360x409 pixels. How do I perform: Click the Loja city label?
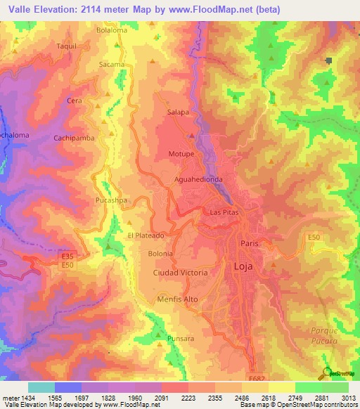point(245,266)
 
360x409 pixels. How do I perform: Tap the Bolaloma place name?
point(112,31)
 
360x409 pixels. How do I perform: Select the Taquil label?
point(66,46)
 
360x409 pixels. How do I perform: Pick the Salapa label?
point(178,112)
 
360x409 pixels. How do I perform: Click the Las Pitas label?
point(225,212)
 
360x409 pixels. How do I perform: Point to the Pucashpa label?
point(111,200)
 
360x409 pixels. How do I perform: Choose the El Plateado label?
point(146,236)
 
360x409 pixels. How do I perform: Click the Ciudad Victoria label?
point(180,272)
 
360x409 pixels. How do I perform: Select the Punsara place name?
point(180,338)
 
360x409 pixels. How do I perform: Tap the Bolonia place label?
point(160,253)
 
